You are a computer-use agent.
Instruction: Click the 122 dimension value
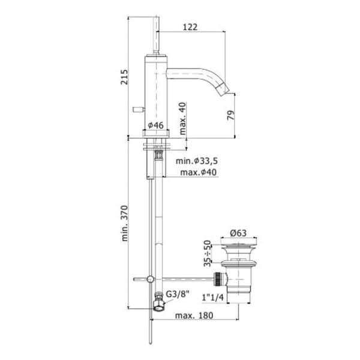click(190, 27)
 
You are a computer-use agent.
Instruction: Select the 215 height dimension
click(124, 77)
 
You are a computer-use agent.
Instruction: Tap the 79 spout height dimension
click(231, 115)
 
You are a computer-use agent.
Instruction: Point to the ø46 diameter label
click(155, 125)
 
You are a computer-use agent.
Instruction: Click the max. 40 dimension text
click(182, 118)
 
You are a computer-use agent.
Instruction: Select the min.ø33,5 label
click(197, 161)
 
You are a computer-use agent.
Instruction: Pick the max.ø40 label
click(199, 172)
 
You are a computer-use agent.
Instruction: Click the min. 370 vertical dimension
click(124, 223)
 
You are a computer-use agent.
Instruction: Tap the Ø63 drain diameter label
click(238, 233)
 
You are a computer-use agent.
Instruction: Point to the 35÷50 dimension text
click(208, 253)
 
